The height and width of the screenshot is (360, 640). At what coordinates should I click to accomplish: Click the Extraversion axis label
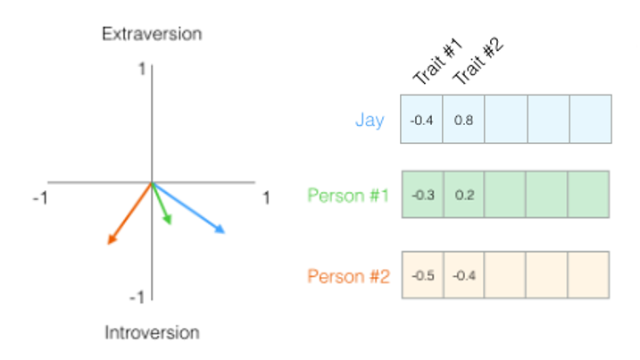[x=152, y=35]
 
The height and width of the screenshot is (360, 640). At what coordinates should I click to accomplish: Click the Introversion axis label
[x=152, y=333]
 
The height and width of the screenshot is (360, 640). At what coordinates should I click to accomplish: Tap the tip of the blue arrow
[x=224, y=233]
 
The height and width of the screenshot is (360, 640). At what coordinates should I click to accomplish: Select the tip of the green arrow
[x=170, y=223]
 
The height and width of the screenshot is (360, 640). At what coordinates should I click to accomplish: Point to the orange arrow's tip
[x=108, y=243]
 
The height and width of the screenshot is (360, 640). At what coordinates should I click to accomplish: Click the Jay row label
[x=370, y=120]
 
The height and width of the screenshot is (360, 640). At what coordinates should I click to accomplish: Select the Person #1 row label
[x=348, y=196]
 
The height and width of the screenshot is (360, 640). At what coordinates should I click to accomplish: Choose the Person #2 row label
[x=348, y=276]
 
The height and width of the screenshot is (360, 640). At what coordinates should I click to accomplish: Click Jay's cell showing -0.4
[x=422, y=120]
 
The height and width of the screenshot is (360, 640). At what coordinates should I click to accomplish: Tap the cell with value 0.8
[x=463, y=120]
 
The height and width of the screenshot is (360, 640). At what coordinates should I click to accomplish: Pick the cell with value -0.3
[x=422, y=196]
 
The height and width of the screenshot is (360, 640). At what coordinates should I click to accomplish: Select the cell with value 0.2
[x=463, y=196]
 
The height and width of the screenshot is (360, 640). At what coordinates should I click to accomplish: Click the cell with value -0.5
[x=422, y=275]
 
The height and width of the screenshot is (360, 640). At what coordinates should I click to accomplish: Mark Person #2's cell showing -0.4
[x=463, y=275]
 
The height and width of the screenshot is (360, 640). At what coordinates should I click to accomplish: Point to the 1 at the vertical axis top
[x=142, y=69]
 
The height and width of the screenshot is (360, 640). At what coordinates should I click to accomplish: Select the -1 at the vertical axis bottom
[x=138, y=297]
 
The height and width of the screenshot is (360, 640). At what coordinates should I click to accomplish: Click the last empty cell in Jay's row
[x=590, y=120]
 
